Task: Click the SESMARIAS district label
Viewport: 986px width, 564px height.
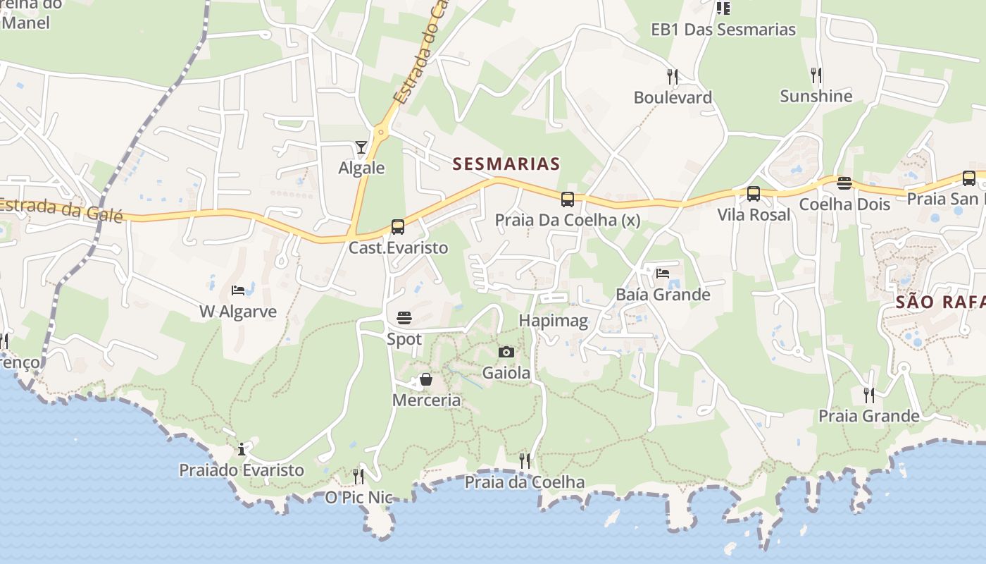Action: pos(506,164)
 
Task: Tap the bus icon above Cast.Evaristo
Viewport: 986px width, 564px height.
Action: pos(398,227)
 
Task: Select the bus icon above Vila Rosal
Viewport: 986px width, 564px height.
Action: pos(754,194)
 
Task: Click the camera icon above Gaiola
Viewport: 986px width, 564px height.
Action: pos(506,352)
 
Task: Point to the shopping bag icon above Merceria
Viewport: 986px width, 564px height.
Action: pos(426,380)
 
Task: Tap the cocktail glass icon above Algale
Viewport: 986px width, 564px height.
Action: pos(361,147)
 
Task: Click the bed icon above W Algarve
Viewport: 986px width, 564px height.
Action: pos(238,290)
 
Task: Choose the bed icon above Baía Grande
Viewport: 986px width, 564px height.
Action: pos(663,273)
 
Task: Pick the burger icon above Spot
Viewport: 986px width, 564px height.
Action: pos(404,318)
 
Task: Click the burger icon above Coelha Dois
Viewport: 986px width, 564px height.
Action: pos(844,183)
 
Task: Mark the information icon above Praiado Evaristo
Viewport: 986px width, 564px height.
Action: pos(242,449)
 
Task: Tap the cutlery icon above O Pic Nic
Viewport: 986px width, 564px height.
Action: pos(358,477)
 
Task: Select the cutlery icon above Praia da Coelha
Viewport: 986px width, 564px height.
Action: pos(525,461)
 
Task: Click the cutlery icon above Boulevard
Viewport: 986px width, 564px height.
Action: pos(673,76)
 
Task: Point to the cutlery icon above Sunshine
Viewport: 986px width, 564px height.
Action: pos(816,75)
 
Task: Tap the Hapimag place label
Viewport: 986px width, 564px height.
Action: pos(553,321)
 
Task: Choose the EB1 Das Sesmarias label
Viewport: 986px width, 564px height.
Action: pos(723,30)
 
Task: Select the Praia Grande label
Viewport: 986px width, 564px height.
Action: pos(868,416)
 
